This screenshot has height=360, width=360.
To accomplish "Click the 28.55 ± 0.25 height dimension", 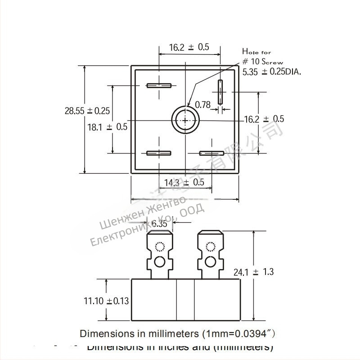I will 87,111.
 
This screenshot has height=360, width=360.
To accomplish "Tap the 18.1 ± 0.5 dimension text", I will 108,127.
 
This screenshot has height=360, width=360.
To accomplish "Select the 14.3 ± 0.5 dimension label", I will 184,182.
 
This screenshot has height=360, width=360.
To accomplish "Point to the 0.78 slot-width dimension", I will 202,104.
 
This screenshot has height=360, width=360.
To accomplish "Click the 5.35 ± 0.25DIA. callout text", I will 272,71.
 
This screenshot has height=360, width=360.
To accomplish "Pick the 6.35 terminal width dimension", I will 160,224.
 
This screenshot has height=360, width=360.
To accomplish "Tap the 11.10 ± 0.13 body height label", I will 106,301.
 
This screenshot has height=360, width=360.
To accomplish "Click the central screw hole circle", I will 185,120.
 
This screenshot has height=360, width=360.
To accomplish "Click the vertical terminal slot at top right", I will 220,92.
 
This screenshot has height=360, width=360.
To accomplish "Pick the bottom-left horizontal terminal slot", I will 158,153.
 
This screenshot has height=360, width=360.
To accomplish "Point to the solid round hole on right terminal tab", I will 210,262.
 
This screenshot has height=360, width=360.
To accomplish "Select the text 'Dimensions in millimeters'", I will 139,333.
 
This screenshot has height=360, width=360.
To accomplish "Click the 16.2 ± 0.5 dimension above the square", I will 189,47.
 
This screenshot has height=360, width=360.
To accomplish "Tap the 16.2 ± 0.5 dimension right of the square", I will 264,119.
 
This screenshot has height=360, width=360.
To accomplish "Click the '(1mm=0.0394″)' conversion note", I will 237,333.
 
